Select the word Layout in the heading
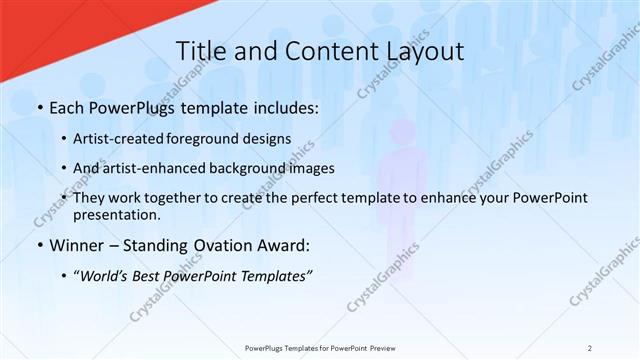click(x=421, y=53)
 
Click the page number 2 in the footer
click(x=590, y=347)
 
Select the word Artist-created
click(x=130, y=138)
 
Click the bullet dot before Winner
click(x=39, y=246)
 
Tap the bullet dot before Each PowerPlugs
click(x=39, y=108)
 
